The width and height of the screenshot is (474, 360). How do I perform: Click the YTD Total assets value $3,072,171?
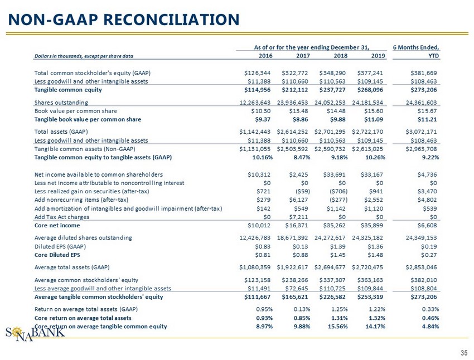click(421, 132)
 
